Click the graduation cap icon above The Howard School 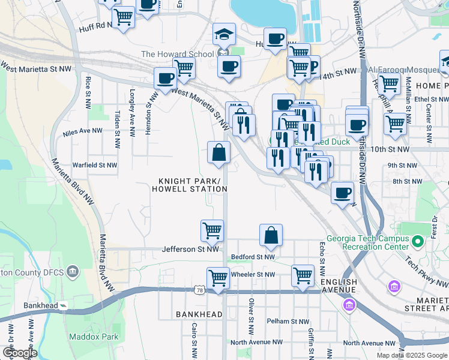pyautogui.click(x=224, y=35)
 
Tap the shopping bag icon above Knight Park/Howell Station pyautogui.click(x=218, y=152)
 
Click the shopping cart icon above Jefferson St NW pyautogui.click(x=212, y=230)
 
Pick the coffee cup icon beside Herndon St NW pyautogui.click(x=165, y=78)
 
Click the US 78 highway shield pyautogui.click(x=199, y=290)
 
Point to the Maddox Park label pyautogui.click(x=93, y=337)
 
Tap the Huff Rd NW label pyautogui.click(x=95, y=28)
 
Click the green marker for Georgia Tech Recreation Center pyautogui.click(x=418, y=243)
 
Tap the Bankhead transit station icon pyautogui.click(x=63, y=305)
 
